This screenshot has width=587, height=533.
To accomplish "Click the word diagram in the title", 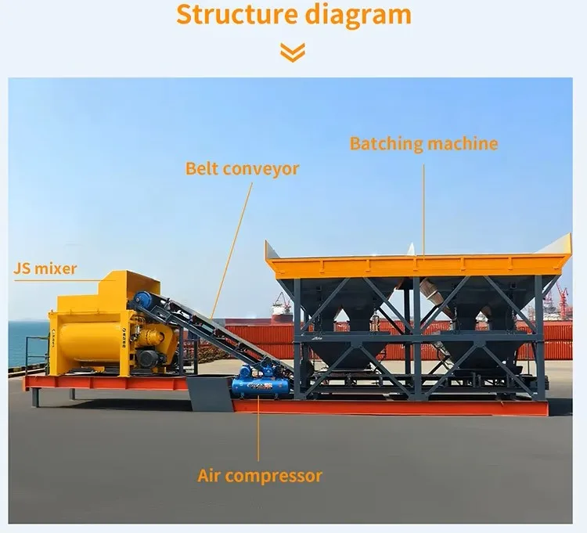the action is click(358, 16).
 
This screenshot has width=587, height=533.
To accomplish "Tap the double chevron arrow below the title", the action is click(293, 52).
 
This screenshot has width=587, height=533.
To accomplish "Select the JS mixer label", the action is click(45, 268).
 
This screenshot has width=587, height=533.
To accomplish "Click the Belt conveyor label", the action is click(242, 169).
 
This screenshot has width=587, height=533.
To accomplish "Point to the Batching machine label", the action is click(423, 144).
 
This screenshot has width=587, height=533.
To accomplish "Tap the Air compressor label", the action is click(260, 476).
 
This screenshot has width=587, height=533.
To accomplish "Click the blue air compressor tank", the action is click(261, 387).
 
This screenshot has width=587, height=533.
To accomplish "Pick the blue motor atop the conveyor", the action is click(143, 300).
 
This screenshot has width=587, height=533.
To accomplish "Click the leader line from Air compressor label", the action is click(258, 428).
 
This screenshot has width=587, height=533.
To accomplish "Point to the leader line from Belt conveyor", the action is click(232, 250).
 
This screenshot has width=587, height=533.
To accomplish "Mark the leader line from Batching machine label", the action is click(423, 211).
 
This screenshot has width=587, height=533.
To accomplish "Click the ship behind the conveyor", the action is click(281, 309).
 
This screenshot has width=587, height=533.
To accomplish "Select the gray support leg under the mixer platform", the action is click(34, 398).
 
